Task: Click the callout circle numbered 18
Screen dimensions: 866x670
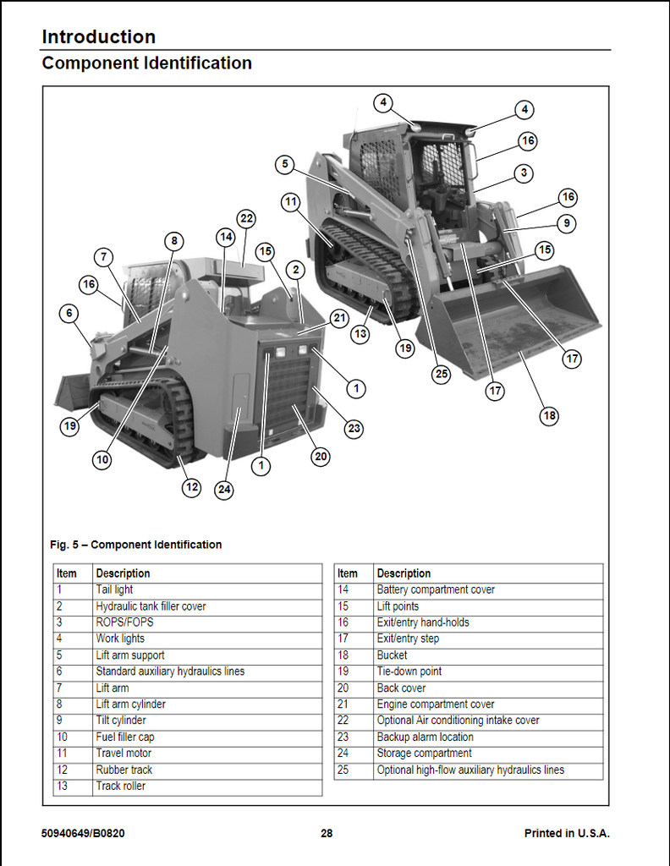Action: coord(550,415)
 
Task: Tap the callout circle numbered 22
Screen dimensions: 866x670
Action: coord(246,218)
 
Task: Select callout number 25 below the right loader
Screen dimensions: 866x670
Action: coord(441,374)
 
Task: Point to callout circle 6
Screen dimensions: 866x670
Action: coord(69,314)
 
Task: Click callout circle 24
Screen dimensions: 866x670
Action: coord(224,489)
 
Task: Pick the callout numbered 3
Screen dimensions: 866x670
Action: coord(524,173)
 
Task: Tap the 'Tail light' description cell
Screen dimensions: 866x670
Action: coord(114,589)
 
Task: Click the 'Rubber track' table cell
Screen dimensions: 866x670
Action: coord(124,770)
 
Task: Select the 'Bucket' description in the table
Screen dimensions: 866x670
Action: coord(392,655)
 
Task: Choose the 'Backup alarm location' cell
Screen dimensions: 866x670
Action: coord(425,737)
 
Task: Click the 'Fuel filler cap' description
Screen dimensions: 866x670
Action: coord(124,737)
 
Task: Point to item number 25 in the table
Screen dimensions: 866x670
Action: coord(343,770)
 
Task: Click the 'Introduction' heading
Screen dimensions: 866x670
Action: coord(98,36)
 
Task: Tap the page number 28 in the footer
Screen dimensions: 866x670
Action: coord(327,833)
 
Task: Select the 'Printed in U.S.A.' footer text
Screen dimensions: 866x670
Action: coord(567,833)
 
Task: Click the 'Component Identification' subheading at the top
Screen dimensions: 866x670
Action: coord(146,63)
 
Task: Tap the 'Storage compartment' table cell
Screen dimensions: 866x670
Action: coord(424,753)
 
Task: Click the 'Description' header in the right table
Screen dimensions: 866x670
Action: coord(404,573)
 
